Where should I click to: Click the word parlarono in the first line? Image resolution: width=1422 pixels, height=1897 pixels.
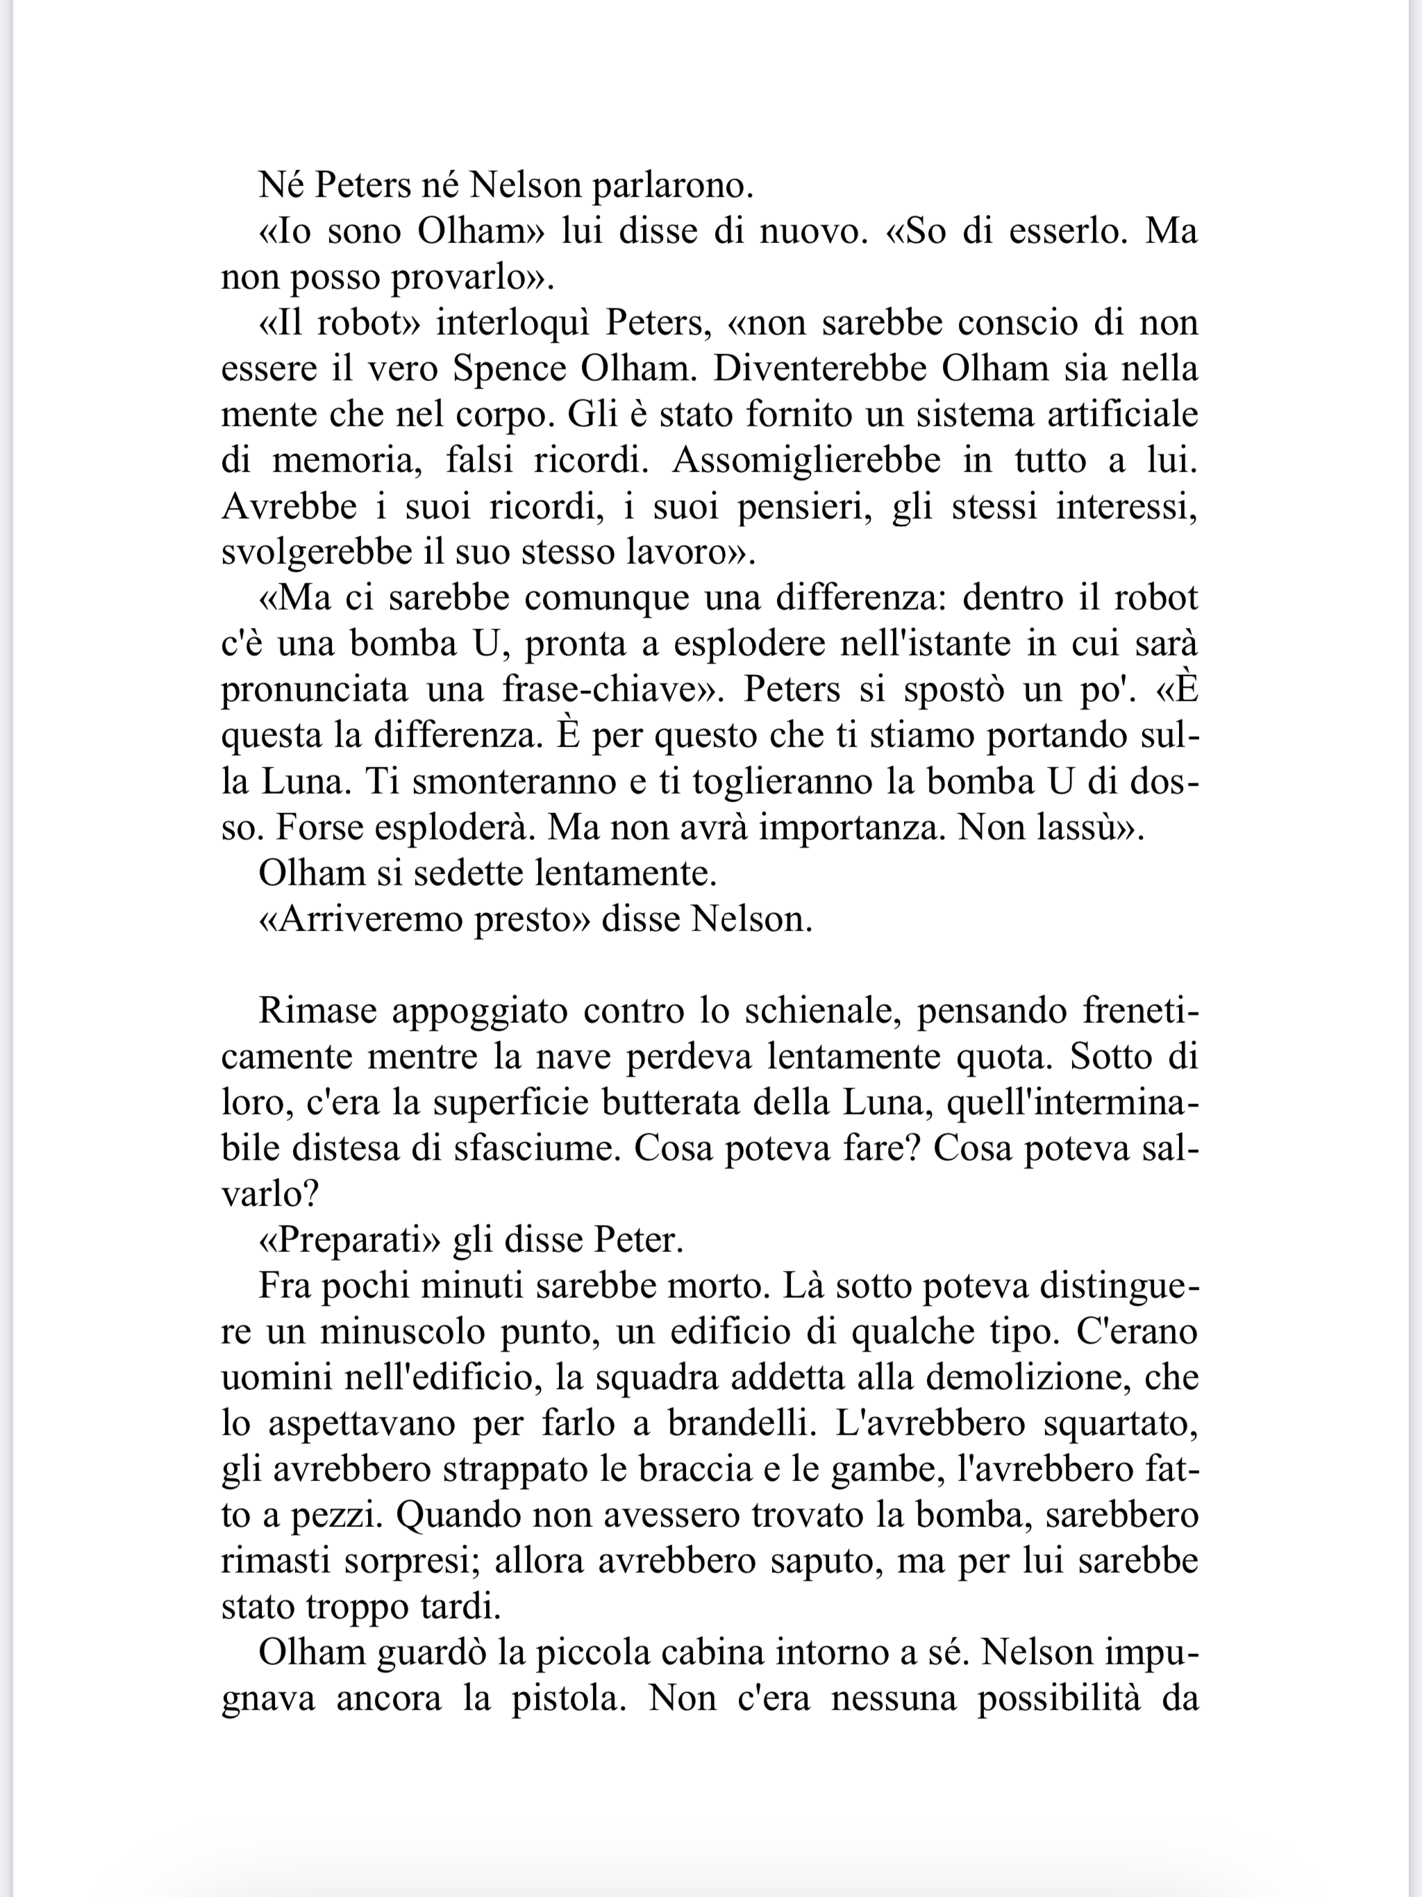[671, 186]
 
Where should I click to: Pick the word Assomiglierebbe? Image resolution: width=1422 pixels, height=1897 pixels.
[806, 460]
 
